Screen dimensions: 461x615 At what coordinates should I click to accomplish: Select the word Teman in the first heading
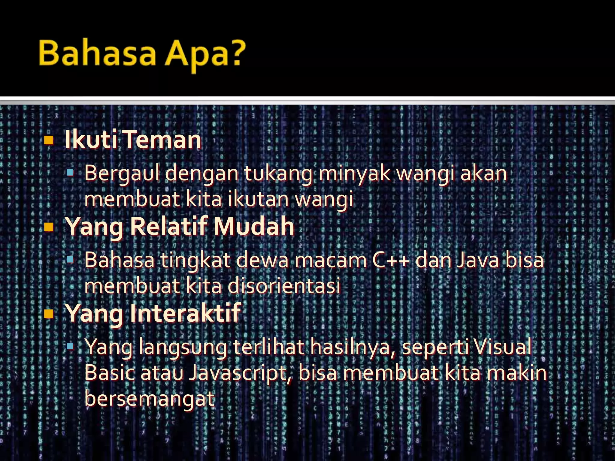click(162, 140)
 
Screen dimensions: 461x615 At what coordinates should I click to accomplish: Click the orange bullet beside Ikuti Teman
click(48, 140)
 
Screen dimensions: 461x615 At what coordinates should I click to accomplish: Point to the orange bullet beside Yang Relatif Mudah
click(48, 227)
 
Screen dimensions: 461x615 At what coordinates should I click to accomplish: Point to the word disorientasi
click(284, 286)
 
